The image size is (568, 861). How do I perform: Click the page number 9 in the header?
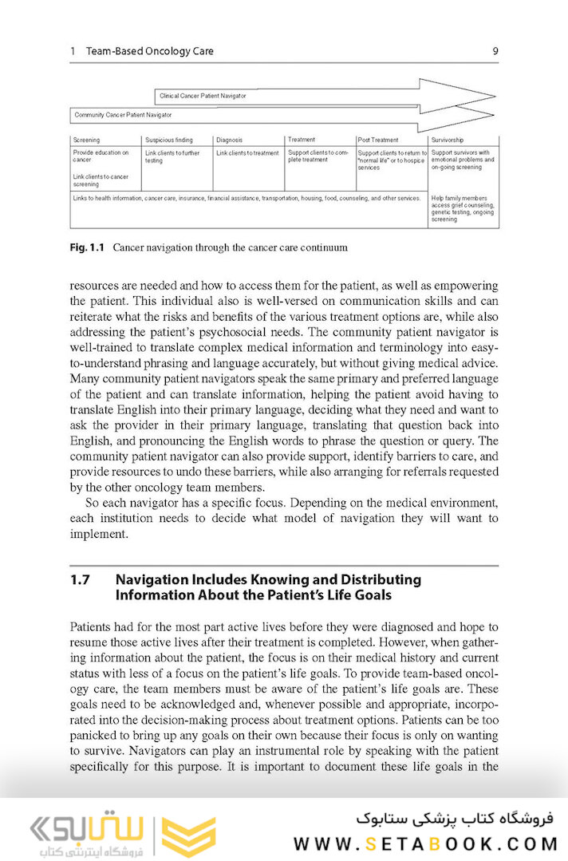495,51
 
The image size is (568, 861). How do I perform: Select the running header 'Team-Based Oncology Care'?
149,51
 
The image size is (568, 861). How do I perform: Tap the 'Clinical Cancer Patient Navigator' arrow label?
203,96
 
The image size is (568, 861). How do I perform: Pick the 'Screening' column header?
86,140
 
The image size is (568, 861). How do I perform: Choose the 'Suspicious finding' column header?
168,140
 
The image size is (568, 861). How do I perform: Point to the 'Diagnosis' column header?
229,140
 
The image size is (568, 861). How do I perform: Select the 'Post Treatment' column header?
378,140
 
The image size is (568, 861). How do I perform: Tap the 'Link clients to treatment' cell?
247,153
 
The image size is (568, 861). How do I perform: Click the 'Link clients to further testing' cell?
172,156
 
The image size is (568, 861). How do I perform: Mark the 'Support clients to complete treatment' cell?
318,156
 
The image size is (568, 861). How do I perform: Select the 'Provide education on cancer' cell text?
101,156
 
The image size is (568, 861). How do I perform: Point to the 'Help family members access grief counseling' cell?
463,208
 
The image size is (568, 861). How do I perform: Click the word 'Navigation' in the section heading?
154,580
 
